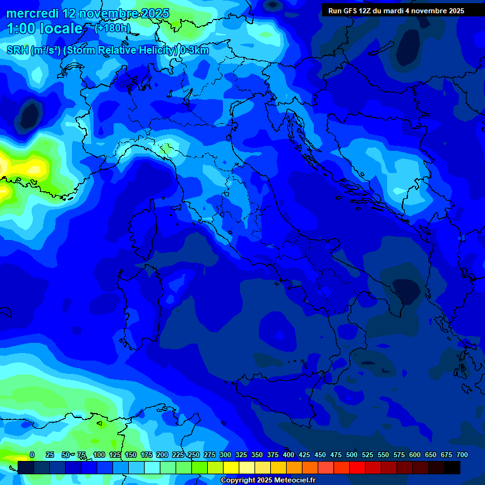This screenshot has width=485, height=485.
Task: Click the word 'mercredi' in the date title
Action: point(32,14)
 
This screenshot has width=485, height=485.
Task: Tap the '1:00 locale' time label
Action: point(44,29)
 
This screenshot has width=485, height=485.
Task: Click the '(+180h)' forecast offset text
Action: point(112,28)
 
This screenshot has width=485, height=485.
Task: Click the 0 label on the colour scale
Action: point(32,455)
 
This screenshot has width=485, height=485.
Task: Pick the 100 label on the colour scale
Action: point(99,455)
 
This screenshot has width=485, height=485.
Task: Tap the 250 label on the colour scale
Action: point(194,455)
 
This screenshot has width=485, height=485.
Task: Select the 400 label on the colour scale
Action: point(289,455)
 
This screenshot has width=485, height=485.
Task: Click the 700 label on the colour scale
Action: point(462,455)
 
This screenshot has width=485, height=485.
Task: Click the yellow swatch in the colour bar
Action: point(231,468)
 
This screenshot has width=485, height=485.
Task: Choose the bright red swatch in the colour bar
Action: point(357,468)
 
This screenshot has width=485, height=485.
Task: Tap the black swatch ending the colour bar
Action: point(452,468)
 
